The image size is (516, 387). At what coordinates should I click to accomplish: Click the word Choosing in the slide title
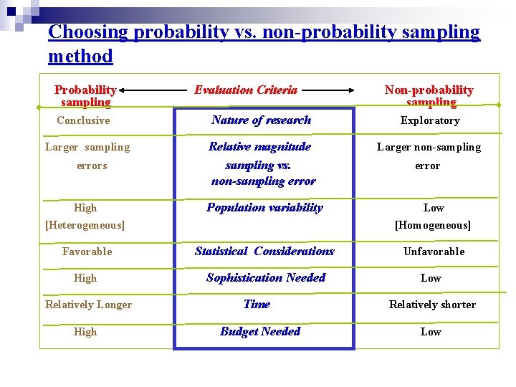coord(88,32)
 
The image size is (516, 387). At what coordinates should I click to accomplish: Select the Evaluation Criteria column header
coord(246,90)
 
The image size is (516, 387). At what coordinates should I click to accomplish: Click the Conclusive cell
coord(83,120)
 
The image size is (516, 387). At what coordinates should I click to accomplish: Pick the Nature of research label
coord(261,120)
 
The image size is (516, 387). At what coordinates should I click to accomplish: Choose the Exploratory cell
coord(430,120)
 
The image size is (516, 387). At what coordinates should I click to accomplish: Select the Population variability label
coord(264,208)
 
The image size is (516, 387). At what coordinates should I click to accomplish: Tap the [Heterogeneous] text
coord(85,225)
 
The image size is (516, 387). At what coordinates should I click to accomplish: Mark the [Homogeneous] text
coord(433,225)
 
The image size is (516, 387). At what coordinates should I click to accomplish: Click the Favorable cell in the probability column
coord(87,252)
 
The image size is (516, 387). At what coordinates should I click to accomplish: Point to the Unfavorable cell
coord(434,252)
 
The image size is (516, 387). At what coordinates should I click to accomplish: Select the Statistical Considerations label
coord(264,252)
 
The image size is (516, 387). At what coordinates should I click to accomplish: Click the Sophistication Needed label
coord(265,278)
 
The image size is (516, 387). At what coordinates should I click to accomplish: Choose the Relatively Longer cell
coord(88,305)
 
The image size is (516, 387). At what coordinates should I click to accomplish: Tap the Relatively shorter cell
coord(432,305)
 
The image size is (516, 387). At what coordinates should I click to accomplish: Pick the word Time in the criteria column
coord(257,305)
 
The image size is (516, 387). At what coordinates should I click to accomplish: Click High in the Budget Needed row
coord(85,332)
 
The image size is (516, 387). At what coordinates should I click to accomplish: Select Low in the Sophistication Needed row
coord(431,278)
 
